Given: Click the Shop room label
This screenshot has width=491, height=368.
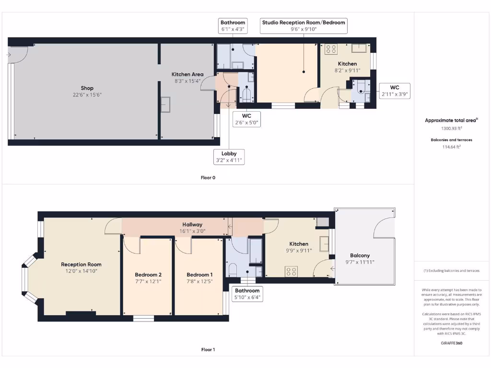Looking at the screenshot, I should pos(87,88).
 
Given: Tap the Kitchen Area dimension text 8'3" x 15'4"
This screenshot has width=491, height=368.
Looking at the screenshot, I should pos(187,81).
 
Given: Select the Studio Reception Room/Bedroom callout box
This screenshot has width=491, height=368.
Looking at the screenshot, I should pos(303,26).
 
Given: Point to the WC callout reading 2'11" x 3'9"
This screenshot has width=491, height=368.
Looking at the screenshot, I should pos(394,91).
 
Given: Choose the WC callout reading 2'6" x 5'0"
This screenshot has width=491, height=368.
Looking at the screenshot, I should pos(246,119).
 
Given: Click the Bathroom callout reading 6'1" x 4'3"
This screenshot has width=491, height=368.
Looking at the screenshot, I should pos(233,26).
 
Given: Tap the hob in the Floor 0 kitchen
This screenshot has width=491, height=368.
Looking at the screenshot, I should pos(331,48).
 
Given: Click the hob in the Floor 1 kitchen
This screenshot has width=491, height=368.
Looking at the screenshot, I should pos(292,271).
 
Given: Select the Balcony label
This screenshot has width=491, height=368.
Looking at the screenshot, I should pos(360,255).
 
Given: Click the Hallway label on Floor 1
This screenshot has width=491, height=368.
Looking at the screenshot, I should pos(192,224).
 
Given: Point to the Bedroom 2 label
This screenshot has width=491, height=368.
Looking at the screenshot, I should pos(148,275).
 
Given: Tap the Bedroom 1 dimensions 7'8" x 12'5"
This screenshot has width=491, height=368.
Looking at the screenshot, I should pos(200,281).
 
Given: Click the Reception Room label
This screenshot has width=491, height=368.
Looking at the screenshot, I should pos(81,264).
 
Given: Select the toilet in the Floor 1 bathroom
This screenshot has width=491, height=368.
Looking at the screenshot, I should pos(233,270).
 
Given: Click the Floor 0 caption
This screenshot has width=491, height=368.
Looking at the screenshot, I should pos(208,177).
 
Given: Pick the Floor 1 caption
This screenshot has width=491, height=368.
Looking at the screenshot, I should pos(208,350).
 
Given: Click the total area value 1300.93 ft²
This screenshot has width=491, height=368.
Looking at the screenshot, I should pos(451,128).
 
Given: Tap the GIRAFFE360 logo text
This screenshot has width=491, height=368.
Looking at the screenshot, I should pos(451,343).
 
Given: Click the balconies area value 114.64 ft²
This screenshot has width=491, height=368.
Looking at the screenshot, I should pos(451,147).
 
